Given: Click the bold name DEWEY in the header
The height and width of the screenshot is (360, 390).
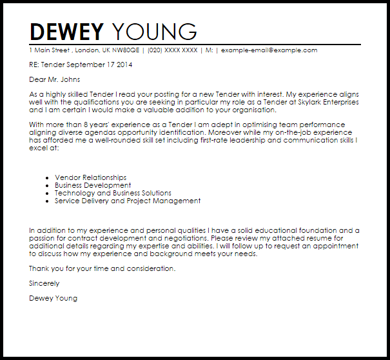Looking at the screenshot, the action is pyautogui.click(x=67, y=32).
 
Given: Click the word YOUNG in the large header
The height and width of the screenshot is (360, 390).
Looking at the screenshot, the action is pyautogui.click(x=155, y=32).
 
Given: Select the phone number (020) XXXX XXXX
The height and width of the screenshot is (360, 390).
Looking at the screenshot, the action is pyautogui.click(x=172, y=50).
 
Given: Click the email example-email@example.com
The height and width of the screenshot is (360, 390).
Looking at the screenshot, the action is pyautogui.click(x=269, y=50).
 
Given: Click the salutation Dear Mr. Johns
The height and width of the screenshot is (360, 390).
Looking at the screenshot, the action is pyautogui.click(x=55, y=80).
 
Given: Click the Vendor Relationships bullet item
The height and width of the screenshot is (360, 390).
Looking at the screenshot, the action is pyautogui.click(x=91, y=177).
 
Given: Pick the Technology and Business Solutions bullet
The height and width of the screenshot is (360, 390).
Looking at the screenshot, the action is pyautogui.click(x=113, y=193).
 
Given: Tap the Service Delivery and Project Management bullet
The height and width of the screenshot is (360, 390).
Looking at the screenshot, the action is pyautogui.click(x=128, y=201).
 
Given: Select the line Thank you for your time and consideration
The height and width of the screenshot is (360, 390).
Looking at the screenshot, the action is pyautogui.click(x=102, y=268).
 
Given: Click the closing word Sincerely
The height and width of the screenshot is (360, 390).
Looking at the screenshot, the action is pyautogui.click(x=44, y=283).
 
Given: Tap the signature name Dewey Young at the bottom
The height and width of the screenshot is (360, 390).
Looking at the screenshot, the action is pyautogui.click(x=53, y=298).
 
